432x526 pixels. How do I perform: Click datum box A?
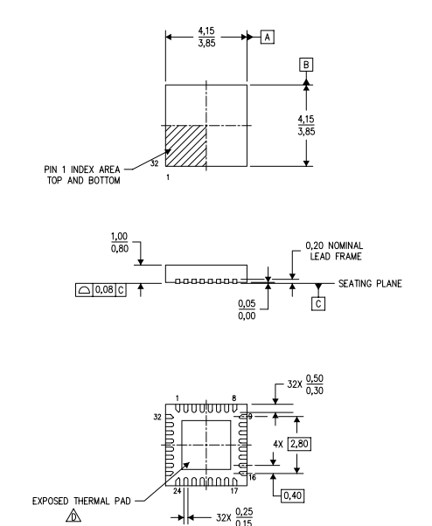(x=268, y=37)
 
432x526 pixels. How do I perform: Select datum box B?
(x=306, y=65)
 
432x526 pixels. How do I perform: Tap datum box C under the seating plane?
(x=317, y=303)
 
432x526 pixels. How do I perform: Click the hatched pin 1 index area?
(x=185, y=146)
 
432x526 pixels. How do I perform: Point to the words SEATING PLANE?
(x=370, y=284)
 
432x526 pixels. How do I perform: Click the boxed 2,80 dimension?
(x=299, y=444)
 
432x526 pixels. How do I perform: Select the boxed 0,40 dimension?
(x=293, y=495)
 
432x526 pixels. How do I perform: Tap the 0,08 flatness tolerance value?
(x=104, y=289)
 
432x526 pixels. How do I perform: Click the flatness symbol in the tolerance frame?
(x=84, y=290)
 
